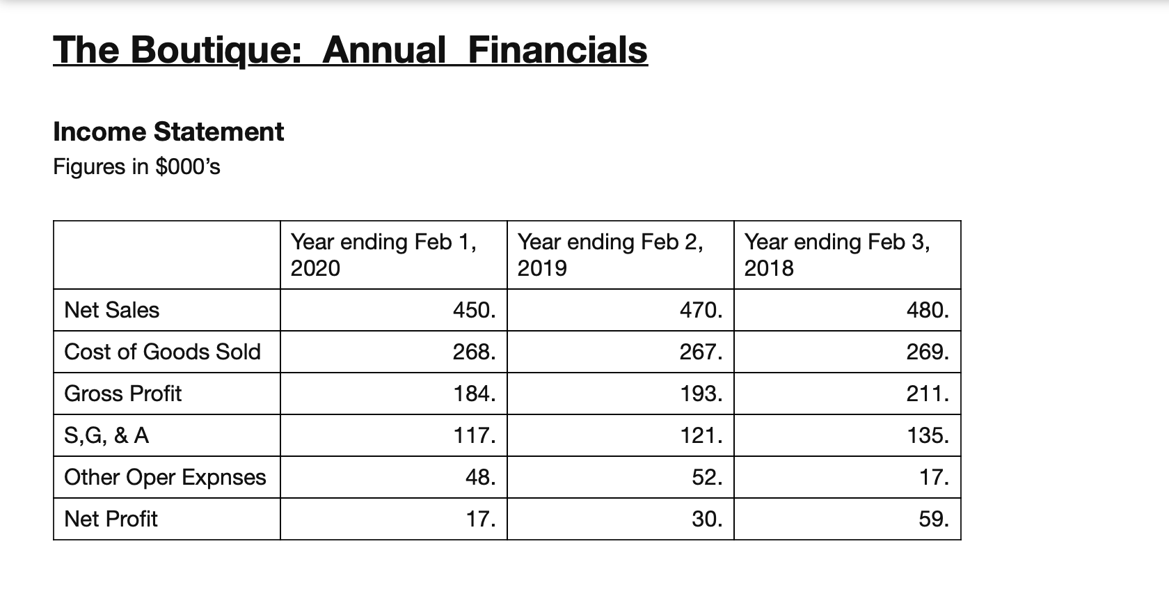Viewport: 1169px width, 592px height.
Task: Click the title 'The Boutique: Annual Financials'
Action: (x=350, y=50)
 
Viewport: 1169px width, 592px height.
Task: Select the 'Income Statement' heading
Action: (x=168, y=132)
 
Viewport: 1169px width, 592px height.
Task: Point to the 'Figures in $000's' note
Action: (x=136, y=167)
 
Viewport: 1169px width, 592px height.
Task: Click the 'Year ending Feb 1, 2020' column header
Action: (x=383, y=255)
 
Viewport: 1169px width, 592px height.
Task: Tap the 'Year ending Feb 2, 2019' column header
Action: (x=610, y=255)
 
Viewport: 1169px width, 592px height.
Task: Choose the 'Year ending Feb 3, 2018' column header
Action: (x=837, y=255)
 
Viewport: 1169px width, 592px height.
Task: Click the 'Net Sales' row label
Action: (x=111, y=310)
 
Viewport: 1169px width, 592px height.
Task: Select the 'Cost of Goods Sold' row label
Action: (x=162, y=352)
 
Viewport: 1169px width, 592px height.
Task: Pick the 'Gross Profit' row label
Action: (x=122, y=394)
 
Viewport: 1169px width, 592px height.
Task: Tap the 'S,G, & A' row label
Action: (x=106, y=435)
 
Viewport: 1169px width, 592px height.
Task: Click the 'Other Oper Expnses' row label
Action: (x=165, y=477)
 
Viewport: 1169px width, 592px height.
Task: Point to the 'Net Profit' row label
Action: (x=111, y=519)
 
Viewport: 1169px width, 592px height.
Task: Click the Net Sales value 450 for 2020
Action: (x=474, y=310)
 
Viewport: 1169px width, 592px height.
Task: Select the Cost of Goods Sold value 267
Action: (x=701, y=352)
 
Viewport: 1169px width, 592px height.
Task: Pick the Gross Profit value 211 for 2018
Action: (x=928, y=394)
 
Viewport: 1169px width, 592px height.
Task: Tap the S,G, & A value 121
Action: (x=701, y=435)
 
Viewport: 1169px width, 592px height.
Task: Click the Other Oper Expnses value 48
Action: (x=480, y=477)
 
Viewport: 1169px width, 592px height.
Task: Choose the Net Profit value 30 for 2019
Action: (x=707, y=519)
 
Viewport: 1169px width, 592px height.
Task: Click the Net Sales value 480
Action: (x=928, y=310)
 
